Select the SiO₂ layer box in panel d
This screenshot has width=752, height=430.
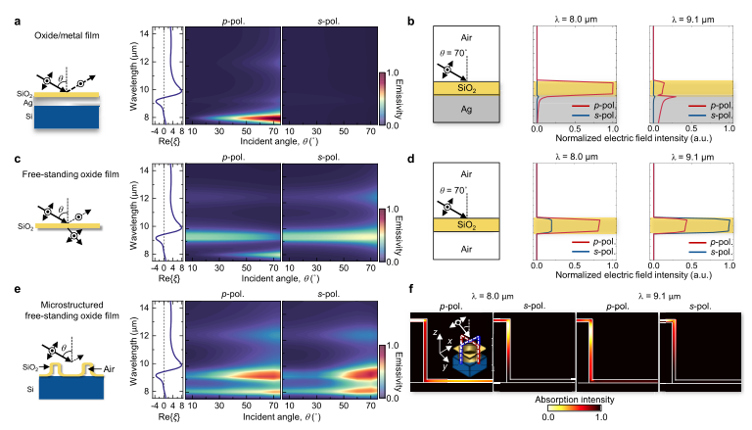click(467, 225)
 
